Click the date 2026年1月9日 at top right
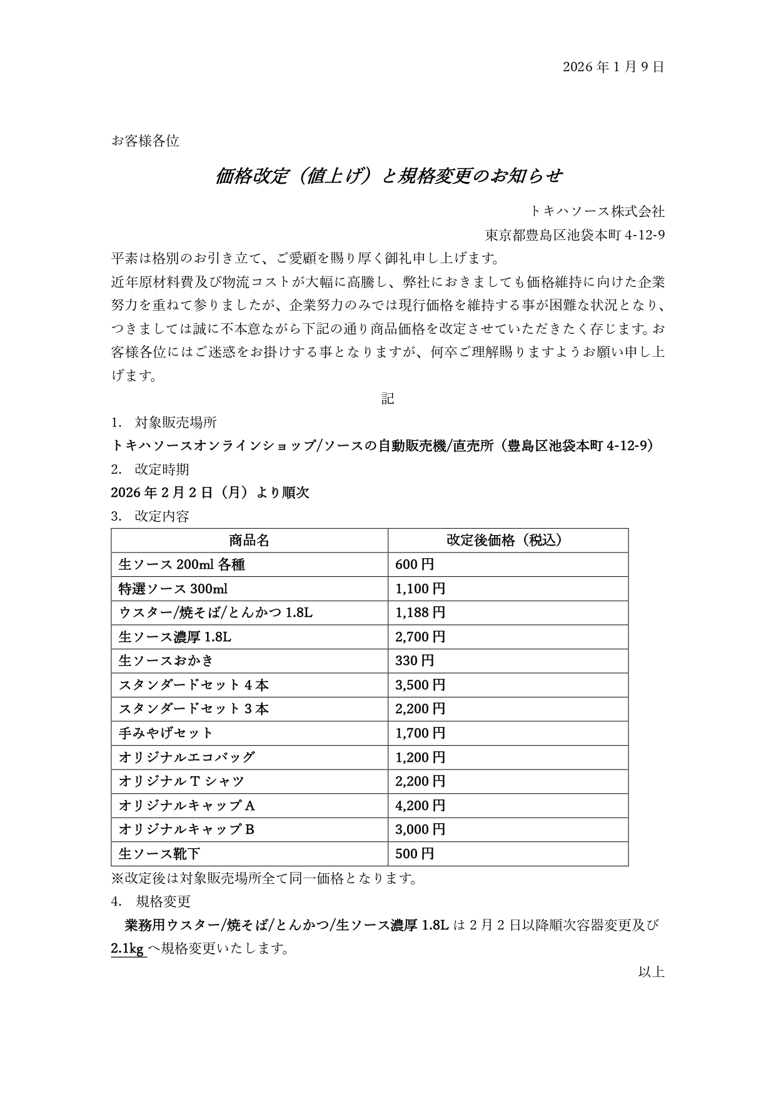click(613, 67)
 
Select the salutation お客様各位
click(145, 141)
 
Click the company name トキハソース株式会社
click(597, 211)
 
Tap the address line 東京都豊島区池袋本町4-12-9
click(575, 235)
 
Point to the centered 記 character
click(388, 398)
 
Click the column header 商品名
click(249, 540)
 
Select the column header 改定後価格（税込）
click(507, 540)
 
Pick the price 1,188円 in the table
click(420, 613)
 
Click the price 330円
click(415, 661)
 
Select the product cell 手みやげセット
click(166, 733)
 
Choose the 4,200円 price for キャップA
click(420, 805)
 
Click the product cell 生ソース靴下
click(159, 853)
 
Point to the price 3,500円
click(420, 685)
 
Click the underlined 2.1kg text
click(128, 949)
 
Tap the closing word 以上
click(651, 972)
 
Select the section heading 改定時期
click(161, 469)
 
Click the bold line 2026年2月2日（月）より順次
click(210, 493)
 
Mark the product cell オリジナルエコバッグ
click(186, 757)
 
